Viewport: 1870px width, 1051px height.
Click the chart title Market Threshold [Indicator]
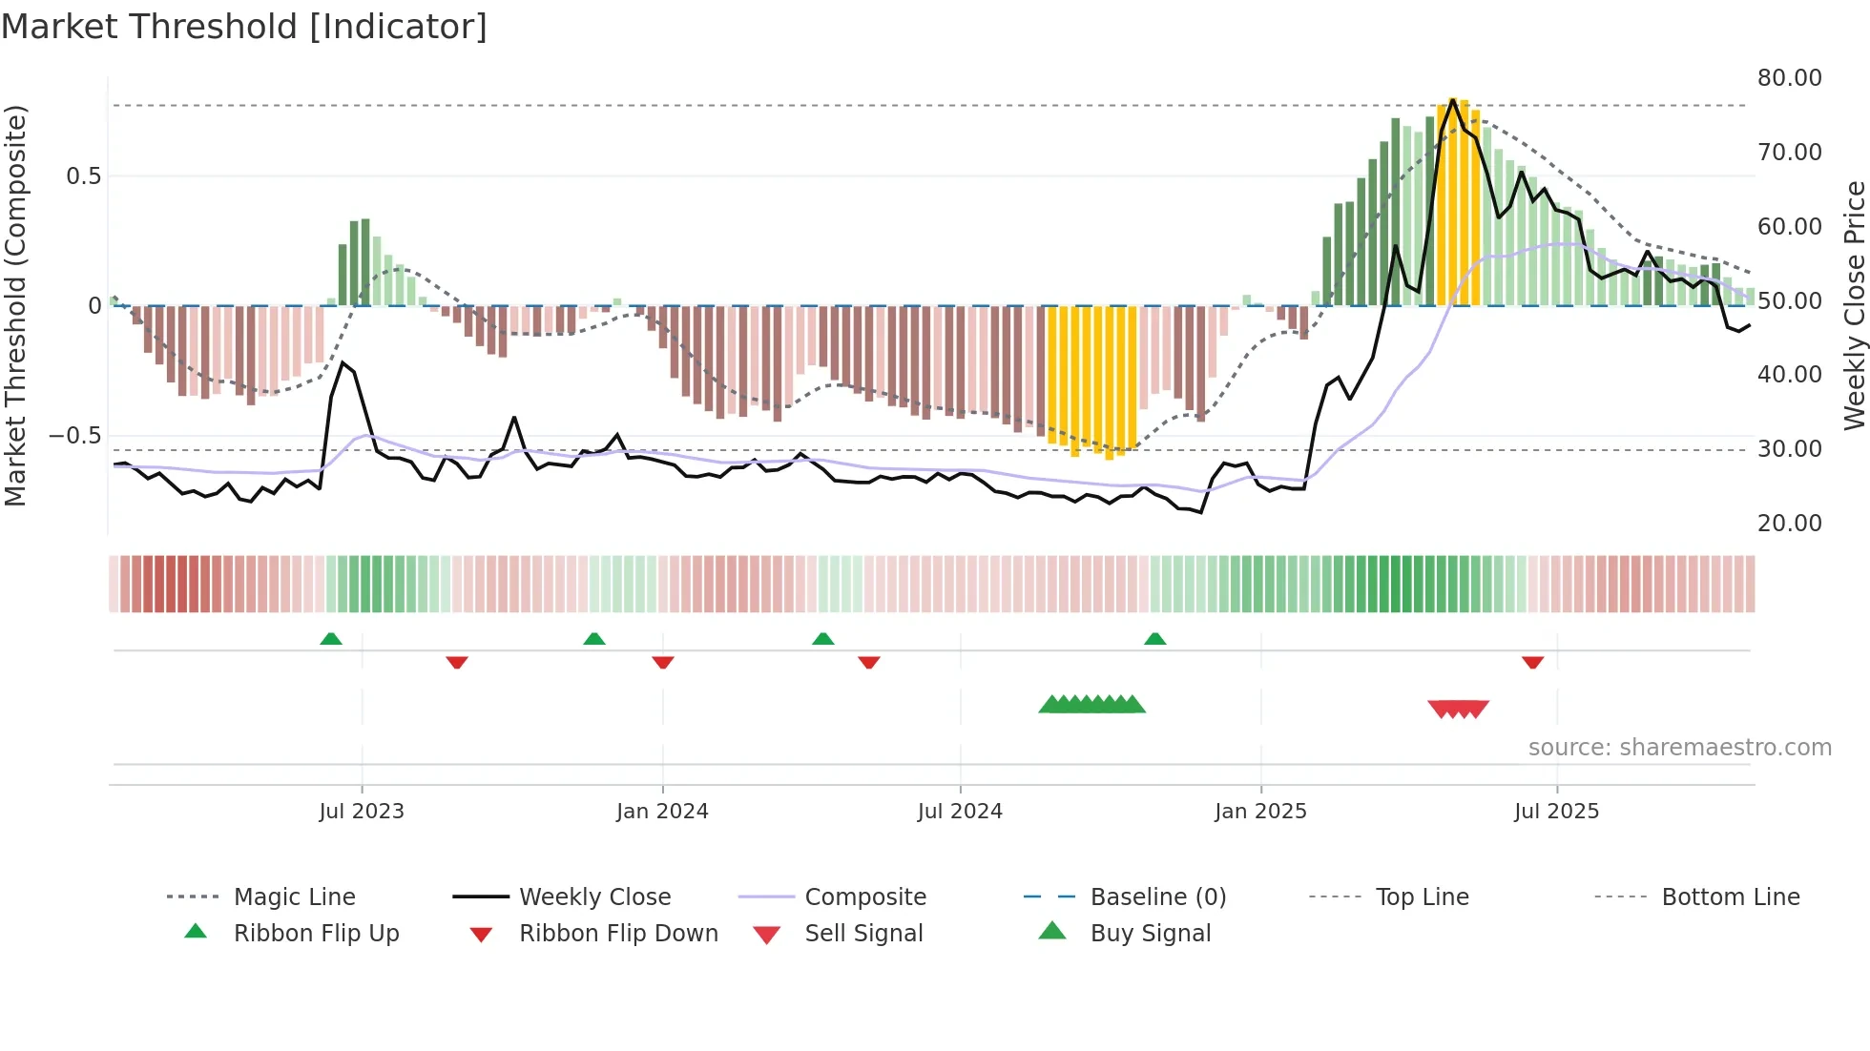click(244, 27)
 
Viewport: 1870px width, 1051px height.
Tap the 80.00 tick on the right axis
click(1789, 78)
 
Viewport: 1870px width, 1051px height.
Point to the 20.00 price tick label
click(1789, 524)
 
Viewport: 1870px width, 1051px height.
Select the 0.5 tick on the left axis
click(83, 176)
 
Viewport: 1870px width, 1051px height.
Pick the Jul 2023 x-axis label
click(362, 812)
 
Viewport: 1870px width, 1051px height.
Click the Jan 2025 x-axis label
click(1260, 812)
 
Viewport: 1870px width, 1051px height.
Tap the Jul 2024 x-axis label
click(960, 812)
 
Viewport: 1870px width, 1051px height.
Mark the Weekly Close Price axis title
click(1854, 305)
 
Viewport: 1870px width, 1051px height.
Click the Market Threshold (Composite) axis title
click(15, 305)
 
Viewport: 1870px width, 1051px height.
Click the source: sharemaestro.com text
click(1679, 748)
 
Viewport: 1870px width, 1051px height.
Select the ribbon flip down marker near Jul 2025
click(1532, 662)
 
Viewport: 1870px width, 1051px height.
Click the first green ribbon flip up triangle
click(331, 638)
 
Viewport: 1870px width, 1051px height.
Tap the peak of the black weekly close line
click(1452, 100)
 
